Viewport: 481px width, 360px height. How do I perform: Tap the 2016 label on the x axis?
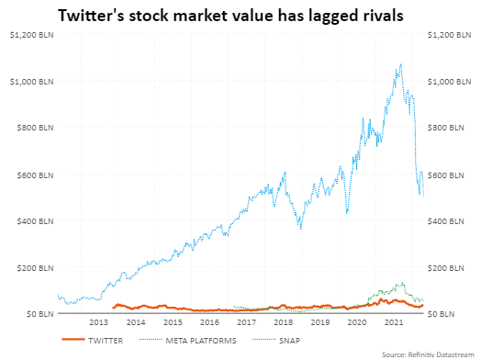(209, 323)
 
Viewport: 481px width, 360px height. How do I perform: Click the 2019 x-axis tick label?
(320, 323)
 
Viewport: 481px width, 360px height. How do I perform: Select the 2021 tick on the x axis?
(395, 323)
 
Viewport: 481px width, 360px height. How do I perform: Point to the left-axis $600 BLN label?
(33, 174)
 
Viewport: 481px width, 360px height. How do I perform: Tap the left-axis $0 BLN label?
(37, 314)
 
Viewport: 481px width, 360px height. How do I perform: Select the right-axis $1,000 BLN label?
(451, 82)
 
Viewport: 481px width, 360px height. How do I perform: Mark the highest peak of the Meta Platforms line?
(400, 64)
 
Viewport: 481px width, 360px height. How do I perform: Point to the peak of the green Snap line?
(400, 283)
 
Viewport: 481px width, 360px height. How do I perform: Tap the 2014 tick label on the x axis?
(135, 323)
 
